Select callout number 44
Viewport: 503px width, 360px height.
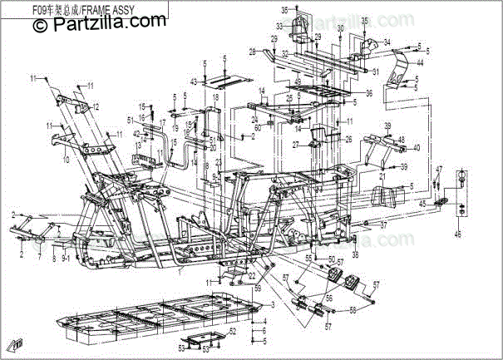click(x=421, y=62)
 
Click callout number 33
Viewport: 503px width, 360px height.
click(x=281, y=27)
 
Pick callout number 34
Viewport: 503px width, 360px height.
click(x=386, y=42)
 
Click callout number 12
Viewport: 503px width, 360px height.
click(x=96, y=106)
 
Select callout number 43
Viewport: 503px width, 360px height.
click(x=194, y=81)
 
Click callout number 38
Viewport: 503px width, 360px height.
click(x=355, y=254)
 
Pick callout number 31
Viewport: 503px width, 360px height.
click(x=376, y=72)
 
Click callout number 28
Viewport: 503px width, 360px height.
click(x=252, y=52)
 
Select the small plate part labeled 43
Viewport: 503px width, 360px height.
click(x=223, y=81)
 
